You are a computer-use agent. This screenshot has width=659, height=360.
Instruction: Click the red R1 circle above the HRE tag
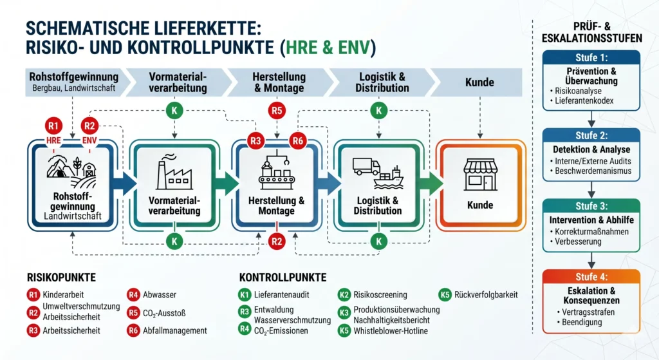54,126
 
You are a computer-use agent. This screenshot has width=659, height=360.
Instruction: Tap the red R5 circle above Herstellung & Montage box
277,111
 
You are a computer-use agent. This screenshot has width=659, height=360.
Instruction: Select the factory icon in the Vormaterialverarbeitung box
173,173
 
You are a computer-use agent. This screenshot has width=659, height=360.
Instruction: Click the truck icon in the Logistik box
367,167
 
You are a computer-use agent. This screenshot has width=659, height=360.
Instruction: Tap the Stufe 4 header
591,277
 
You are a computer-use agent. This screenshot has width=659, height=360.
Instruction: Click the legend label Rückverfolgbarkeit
487,295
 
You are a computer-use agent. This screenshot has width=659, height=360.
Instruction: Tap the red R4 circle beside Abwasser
134,294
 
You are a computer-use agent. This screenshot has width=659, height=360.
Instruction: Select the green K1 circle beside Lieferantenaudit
245,294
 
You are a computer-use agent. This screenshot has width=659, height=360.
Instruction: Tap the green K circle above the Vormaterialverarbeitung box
173,111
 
